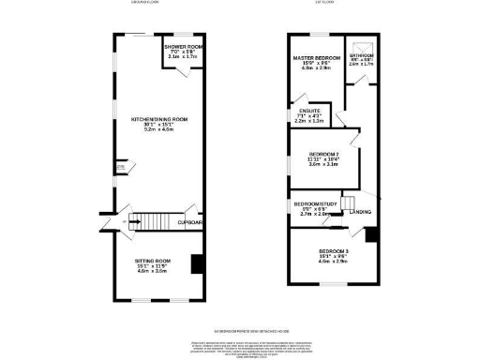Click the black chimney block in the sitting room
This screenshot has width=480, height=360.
[196, 265]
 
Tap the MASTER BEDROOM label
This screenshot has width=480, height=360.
[315, 57]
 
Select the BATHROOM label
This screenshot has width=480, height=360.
[361, 55]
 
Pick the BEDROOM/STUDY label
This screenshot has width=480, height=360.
[311, 203]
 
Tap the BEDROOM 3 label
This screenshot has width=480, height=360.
[333, 252]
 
